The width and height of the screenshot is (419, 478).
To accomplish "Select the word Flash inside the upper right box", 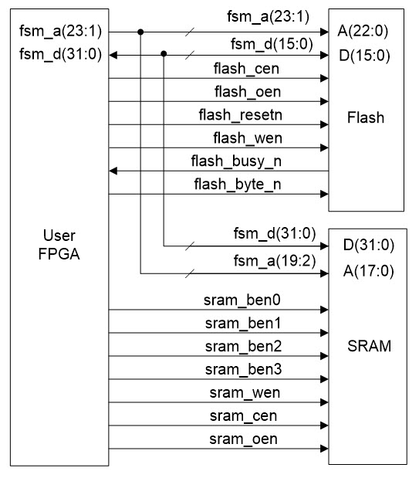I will pos(366,119).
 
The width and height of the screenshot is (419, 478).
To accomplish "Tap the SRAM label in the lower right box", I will pos(367,347).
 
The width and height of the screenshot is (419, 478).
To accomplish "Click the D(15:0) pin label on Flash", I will pos(363,55).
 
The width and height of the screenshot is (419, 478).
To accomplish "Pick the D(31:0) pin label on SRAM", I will pos(363,247).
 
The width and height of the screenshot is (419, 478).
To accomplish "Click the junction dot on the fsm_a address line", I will pos(140,32).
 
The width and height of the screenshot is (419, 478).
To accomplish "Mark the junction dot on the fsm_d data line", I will pos(164,55).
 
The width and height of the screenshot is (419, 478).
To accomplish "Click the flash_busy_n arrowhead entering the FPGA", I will pos(113,171).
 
